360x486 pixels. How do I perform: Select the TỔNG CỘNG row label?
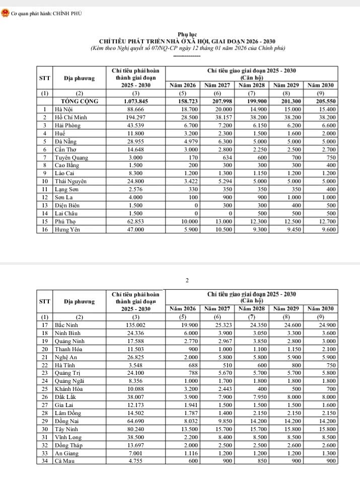tap(80, 101)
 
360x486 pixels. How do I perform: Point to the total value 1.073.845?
tap(134, 101)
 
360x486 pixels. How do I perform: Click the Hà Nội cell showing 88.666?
tap(134, 109)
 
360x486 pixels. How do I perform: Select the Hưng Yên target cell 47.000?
tap(134, 229)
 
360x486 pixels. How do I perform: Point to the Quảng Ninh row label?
tap(71, 341)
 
